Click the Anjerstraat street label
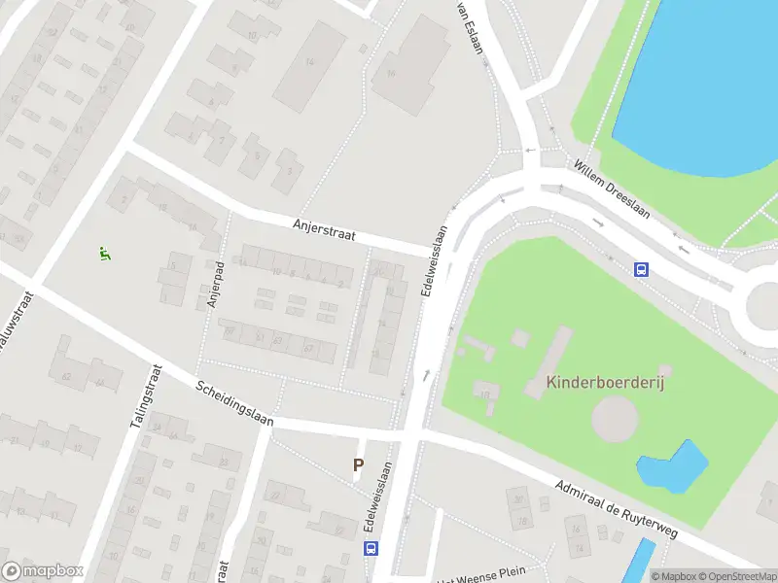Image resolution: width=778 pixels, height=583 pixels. [325, 229]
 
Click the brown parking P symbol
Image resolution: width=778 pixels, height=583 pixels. [358, 465]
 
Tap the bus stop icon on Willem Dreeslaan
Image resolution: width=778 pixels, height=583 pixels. [642, 270]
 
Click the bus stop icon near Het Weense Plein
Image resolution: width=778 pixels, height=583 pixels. [371, 549]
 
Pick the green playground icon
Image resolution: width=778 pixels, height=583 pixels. [104, 255]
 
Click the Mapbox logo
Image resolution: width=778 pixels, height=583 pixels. [43, 571]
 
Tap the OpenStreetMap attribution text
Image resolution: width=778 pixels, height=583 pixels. [736, 576]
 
